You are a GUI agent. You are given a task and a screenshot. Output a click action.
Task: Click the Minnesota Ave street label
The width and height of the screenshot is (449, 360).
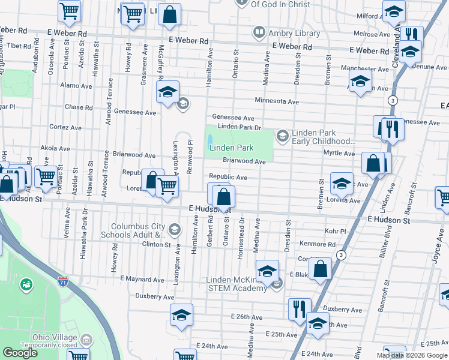coord(276,101)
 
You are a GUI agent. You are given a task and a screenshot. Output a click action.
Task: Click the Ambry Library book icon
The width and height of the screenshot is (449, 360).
coord(259,31)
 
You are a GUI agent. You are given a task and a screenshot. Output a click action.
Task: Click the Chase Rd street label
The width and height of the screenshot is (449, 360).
coord(79,107)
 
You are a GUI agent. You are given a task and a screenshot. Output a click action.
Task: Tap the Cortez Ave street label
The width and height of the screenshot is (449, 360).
coord(65,128)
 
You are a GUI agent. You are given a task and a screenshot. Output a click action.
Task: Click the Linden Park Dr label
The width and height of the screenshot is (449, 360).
coord(239,127)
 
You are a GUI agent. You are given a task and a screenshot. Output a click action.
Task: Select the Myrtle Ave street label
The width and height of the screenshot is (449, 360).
coord(339,154)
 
